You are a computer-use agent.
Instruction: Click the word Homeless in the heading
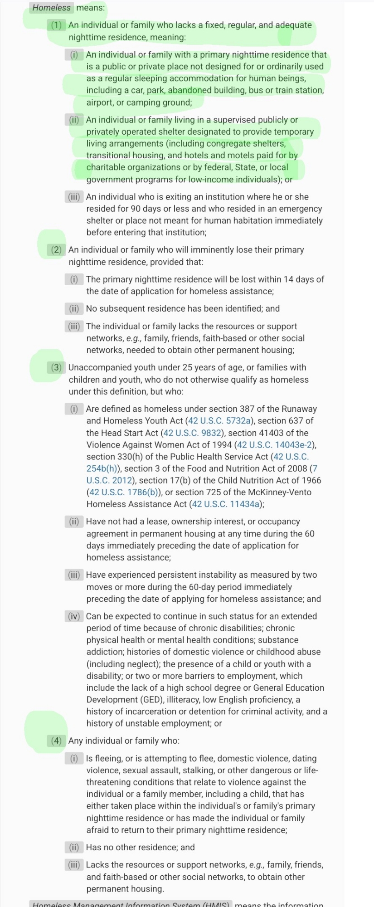pos(51,8)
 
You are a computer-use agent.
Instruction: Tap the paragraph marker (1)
pos(56,25)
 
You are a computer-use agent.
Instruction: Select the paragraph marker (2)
pos(56,250)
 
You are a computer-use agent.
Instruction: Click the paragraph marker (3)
pos(56,368)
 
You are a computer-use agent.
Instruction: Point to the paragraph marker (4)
pos(56,741)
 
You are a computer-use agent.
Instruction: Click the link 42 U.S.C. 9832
pos(193,433)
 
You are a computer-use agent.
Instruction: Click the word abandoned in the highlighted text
pos(189,90)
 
